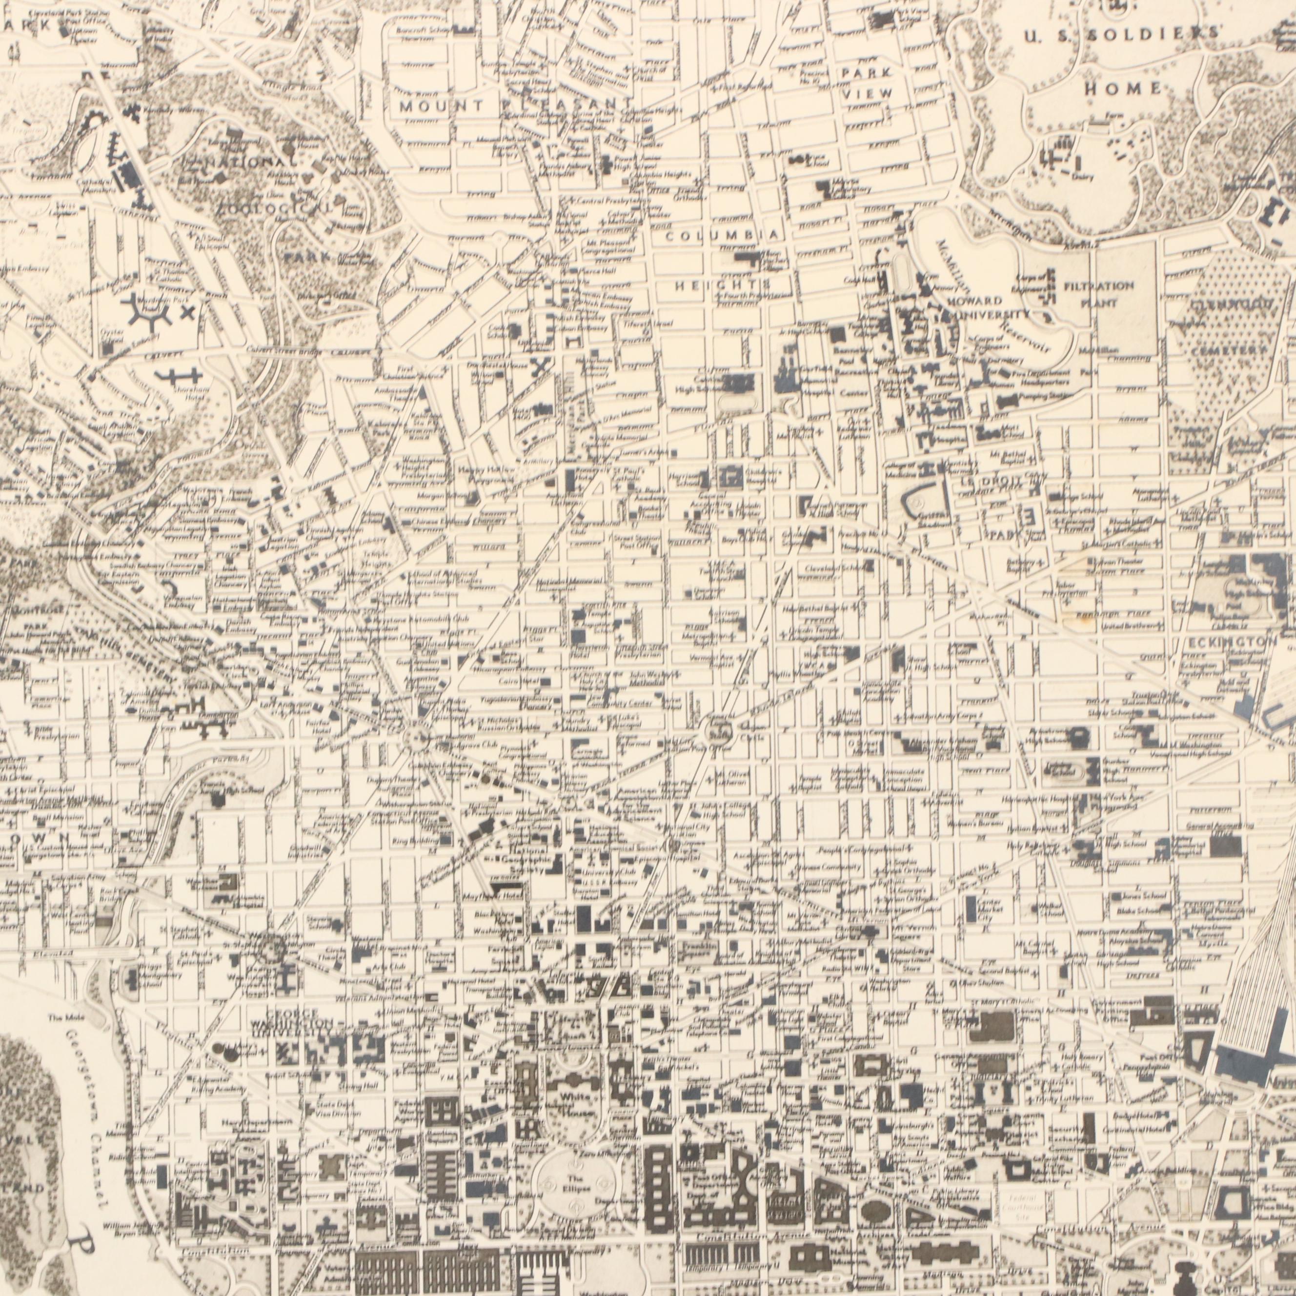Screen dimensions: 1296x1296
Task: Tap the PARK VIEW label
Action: [868, 82]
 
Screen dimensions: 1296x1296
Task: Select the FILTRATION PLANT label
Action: [1099, 294]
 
